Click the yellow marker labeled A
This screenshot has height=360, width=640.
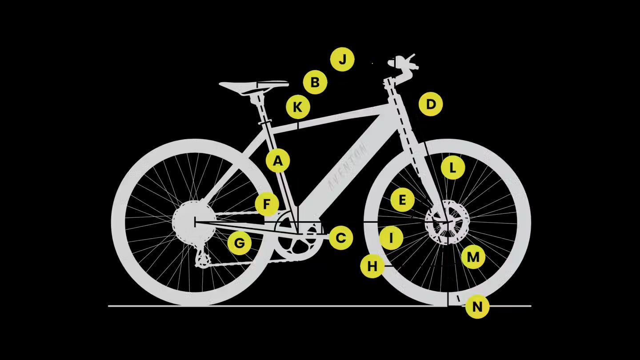pos(278,160)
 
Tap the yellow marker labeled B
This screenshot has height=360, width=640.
pos(315,82)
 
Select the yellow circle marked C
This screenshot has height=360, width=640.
pos(341,238)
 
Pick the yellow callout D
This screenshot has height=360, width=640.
pos(431,104)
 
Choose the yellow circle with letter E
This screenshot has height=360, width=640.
pos(402,200)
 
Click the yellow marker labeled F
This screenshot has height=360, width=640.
pos(267,204)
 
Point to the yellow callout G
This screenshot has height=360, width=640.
pos(240,243)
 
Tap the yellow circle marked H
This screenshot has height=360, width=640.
pos(372,266)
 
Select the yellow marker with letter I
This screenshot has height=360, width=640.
pos(392,238)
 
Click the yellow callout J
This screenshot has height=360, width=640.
pos(342,60)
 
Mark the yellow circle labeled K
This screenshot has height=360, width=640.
pos(298,107)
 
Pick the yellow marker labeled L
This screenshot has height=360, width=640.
pos(453,168)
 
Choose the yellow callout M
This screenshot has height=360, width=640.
pos(473,257)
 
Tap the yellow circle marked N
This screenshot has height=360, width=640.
pos(477,307)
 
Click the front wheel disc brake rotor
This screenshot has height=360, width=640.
pos(447,222)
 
